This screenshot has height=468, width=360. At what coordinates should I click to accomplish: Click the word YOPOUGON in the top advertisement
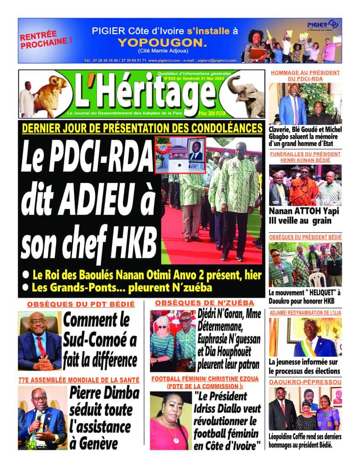(x=162, y=43)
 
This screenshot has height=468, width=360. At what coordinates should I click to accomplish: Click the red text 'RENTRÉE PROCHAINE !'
(x=46, y=40)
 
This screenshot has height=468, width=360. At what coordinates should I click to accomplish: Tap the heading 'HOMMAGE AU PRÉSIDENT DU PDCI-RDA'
(x=305, y=75)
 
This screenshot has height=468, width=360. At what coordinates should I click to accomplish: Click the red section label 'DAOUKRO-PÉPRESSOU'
(x=305, y=381)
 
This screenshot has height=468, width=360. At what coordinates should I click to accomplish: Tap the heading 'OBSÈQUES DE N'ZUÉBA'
(x=204, y=303)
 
